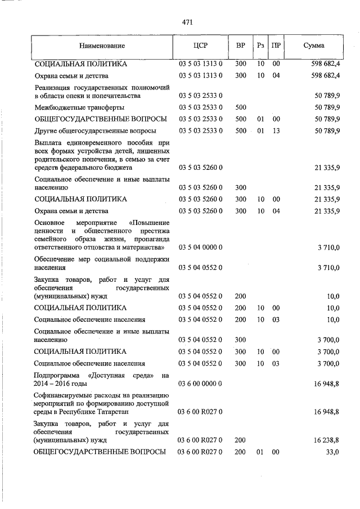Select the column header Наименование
102,46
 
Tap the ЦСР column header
201,46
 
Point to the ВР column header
240,46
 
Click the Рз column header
260,46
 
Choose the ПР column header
276,46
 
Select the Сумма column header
313,46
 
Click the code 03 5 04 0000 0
201,247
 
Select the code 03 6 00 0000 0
201,384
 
